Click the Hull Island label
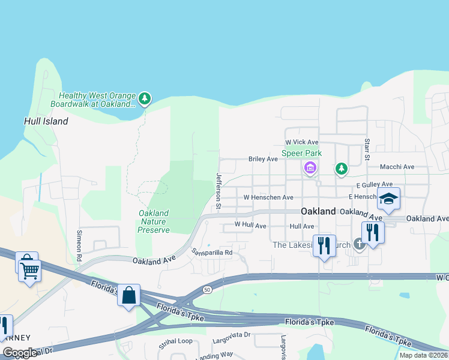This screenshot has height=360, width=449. click(46, 121)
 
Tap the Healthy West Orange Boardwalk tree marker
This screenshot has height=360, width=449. click(144, 98)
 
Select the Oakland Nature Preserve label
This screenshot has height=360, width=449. click(153, 221)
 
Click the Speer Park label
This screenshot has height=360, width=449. click(301, 153)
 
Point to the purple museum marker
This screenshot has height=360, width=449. click(310, 168)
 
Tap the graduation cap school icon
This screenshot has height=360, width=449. click(389, 199)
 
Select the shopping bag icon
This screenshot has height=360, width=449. click(129, 295)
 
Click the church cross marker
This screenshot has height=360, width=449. click(359, 244)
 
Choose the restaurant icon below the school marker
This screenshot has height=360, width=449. click(372, 232)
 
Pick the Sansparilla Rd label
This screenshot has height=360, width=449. click(211, 252)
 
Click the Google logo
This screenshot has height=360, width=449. click(20, 353)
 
